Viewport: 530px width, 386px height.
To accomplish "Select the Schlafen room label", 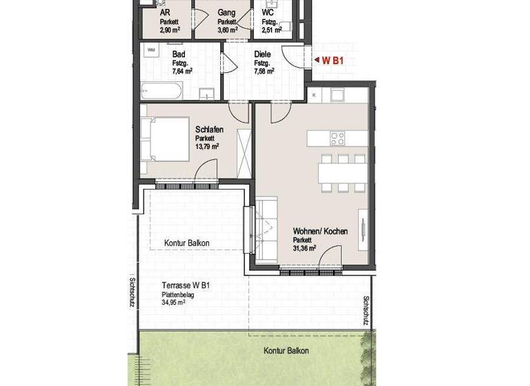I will coord(208,130).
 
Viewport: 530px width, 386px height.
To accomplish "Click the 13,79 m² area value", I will coord(207,146).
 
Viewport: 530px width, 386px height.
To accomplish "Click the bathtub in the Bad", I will coord(161,91).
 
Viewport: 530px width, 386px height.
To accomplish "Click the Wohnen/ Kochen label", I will coord(320,231).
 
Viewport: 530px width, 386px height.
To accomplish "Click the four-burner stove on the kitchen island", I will coord(337,138).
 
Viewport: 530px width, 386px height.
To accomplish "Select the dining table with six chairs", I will coord(342,172).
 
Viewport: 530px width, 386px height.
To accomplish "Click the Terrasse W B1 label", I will coord(186,285).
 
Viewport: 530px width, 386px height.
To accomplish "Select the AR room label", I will coord(165,12).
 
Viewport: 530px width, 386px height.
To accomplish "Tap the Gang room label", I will coord(226,12).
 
